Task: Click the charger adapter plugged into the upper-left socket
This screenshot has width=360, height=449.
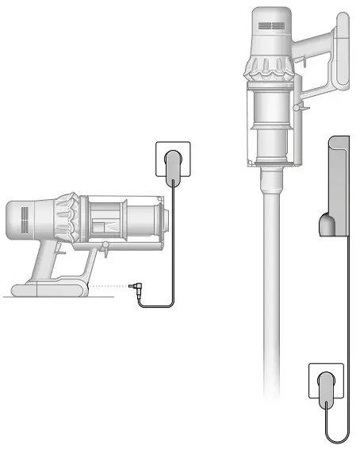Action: [172, 167]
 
